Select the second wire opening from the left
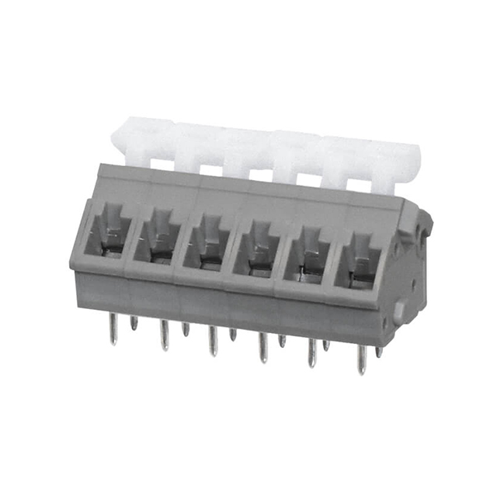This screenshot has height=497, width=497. coord(158,237)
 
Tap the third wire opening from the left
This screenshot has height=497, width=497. coord(207,242)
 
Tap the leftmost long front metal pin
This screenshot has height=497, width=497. coord(113,331)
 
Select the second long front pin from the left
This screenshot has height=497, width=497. coord(164,336)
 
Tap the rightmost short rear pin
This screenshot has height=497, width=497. coord(379,351)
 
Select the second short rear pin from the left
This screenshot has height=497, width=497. coord(186,328)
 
